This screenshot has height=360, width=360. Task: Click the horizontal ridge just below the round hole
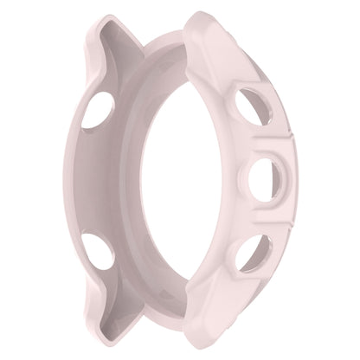click(x=260, y=223)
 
